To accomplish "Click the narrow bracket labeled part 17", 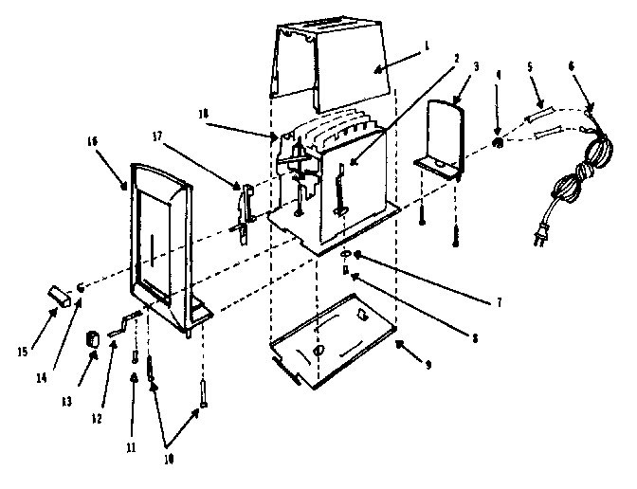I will coord(244,207).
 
